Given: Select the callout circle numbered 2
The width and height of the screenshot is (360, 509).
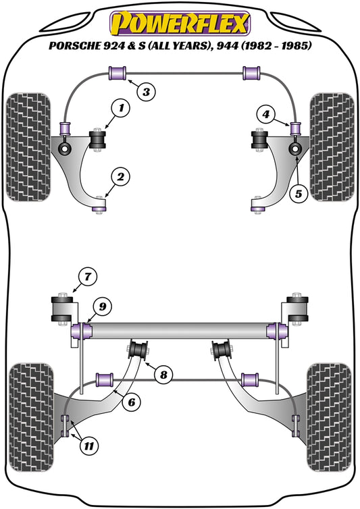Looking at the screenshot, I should [120, 178].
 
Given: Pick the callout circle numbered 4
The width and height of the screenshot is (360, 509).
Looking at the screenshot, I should [267, 115].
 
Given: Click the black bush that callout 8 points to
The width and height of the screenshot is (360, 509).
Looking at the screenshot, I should [140, 351].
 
